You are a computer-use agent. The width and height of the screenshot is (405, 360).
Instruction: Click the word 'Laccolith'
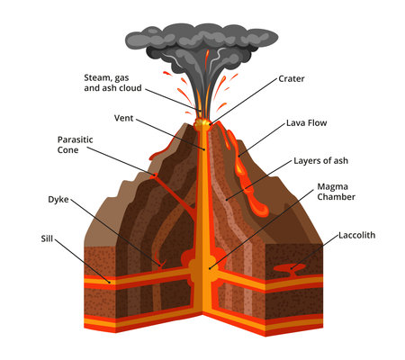(356, 235)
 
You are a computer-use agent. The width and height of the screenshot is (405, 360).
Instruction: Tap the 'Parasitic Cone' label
(75, 145)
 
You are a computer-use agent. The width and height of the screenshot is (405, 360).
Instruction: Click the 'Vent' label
(124, 118)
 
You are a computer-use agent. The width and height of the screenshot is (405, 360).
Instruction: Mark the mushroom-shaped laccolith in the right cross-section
(290, 267)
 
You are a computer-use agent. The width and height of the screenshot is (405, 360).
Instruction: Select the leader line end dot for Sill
(111, 280)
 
